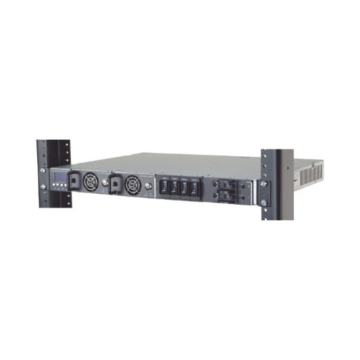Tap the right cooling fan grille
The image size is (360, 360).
[x=132, y=183]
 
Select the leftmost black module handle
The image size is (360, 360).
[x=73, y=180]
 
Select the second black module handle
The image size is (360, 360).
[x=115, y=183]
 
